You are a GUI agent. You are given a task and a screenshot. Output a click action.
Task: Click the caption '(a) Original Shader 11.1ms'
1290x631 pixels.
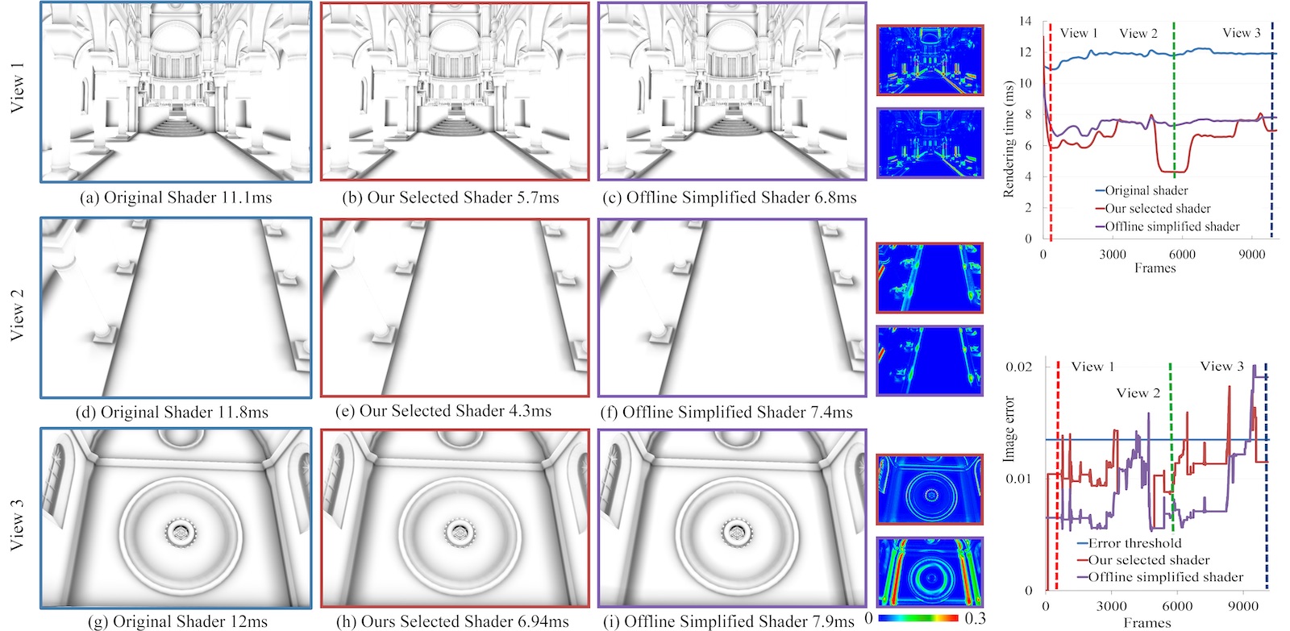coord(176,197)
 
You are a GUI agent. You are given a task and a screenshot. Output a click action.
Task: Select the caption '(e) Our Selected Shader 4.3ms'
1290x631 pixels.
coord(443,411)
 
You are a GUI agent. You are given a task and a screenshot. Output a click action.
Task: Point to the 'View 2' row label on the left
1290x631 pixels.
coord(17,314)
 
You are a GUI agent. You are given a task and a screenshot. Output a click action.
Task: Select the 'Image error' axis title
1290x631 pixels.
coord(1009,429)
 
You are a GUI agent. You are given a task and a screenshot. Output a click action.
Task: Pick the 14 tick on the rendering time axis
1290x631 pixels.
coord(1025,21)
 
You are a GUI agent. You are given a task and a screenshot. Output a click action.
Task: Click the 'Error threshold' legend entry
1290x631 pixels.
coord(1129,543)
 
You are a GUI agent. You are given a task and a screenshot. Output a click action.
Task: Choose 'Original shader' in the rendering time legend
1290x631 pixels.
coord(1142,190)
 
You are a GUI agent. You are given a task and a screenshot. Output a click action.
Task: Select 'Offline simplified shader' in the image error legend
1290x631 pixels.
coord(1160,577)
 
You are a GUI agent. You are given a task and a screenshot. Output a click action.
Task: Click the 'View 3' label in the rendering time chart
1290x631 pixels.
coord(1242,33)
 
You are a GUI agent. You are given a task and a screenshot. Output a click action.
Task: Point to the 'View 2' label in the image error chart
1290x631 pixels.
coord(1138,393)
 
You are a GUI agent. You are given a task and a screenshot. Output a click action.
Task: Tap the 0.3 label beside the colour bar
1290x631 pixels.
coord(975,618)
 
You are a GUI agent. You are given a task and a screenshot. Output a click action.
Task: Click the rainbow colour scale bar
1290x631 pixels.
coord(918,618)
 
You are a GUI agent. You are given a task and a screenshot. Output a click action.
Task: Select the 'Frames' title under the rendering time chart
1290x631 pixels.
coord(1155,268)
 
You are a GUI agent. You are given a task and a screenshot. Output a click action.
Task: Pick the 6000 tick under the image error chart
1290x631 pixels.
coord(1176,606)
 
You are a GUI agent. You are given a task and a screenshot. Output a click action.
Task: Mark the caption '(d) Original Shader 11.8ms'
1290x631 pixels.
coord(173,413)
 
